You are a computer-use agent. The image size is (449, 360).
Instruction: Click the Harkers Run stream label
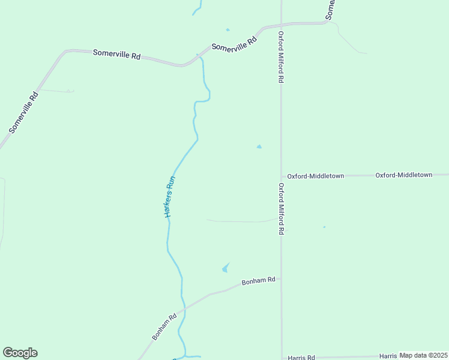(x=170, y=196)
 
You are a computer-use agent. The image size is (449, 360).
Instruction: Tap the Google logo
(x=20, y=353)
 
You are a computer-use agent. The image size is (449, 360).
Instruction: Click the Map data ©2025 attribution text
(x=423, y=355)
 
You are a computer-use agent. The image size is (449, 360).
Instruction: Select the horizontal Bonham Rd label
(x=258, y=280)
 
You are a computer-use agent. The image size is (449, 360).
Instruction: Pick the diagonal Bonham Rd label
(x=164, y=326)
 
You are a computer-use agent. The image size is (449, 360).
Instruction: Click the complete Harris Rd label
(x=301, y=358)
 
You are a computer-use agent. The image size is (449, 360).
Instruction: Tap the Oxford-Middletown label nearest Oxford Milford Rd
(x=315, y=176)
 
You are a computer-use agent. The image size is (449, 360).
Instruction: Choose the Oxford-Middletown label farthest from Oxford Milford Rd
(x=404, y=175)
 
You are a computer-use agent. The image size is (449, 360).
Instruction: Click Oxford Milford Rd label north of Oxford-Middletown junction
(x=280, y=58)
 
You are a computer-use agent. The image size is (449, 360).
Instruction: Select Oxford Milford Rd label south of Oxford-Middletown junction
(x=280, y=209)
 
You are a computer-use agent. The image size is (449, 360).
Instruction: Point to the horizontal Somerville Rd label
(x=116, y=54)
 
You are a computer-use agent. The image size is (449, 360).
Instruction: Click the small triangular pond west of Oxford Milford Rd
(x=259, y=146)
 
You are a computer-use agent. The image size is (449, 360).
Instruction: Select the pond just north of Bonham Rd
(x=226, y=268)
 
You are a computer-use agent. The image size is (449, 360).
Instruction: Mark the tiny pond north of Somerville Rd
(x=228, y=29)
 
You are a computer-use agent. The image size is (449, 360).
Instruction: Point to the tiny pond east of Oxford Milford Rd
(x=324, y=227)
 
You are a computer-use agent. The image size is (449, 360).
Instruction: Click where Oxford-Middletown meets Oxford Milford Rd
(x=281, y=176)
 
